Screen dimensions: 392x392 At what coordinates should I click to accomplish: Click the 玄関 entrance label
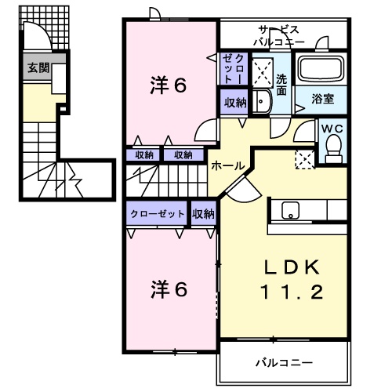point(37,68)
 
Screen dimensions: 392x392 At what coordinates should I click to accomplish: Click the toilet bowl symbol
point(332,147)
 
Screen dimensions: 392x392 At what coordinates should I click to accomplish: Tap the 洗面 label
point(281,85)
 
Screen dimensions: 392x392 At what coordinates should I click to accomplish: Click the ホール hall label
point(226,165)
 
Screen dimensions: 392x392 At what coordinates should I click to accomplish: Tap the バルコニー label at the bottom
point(283,363)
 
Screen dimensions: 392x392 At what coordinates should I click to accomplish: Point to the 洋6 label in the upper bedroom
point(168,86)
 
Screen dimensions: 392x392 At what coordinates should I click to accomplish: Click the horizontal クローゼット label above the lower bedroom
point(158,214)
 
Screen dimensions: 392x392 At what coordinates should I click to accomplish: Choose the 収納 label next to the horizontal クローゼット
point(203,214)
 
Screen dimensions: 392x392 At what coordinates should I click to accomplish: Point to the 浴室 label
point(323,99)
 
